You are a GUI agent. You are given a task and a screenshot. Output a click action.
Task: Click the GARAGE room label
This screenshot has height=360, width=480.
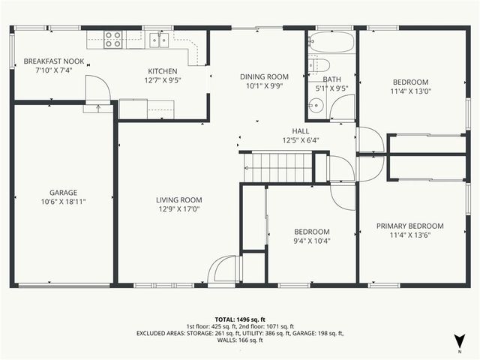tap(64, 193)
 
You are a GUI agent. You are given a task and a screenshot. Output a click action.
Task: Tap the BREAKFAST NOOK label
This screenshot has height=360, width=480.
tap(54, 61)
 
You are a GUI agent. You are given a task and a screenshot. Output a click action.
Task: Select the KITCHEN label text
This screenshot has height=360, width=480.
tap(163, 71)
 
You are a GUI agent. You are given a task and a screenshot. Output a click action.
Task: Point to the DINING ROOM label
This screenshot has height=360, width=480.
tap(264, 76)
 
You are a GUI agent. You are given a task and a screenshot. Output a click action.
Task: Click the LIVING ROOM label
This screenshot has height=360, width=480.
tap(179, 199)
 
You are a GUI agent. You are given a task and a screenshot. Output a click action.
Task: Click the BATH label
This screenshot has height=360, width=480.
tap(331, 79)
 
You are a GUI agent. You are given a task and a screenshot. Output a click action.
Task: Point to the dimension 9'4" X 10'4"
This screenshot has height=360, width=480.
tap(311, 241)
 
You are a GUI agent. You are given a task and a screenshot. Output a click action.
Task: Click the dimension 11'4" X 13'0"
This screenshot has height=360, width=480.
tap(410, 92)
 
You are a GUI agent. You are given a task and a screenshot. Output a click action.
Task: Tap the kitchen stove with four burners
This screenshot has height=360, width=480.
tap(113, 39)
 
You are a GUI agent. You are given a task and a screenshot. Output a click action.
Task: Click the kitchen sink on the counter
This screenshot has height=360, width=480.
tap(158, 40)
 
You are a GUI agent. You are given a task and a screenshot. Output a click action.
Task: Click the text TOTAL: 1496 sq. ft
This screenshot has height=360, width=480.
tap(240, 318)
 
